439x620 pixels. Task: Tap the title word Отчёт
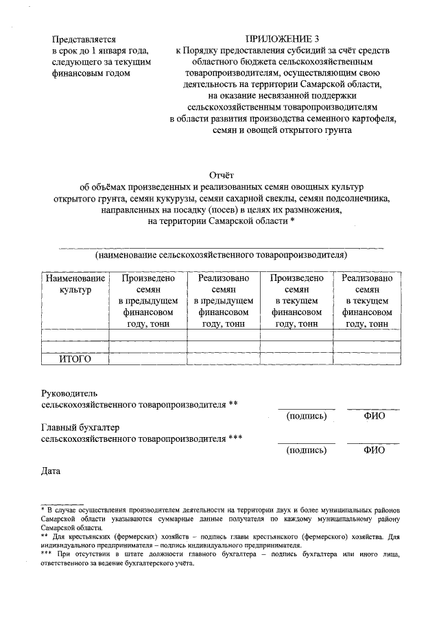click(219, 175)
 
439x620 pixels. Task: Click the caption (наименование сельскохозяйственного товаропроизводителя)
click(221, 256)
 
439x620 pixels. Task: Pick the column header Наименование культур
click(75, 284)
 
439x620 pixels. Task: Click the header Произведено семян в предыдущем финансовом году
click(148, 301)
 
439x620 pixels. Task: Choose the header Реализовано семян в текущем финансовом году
click(367, 301)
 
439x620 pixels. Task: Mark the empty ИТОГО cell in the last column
click(367, 358)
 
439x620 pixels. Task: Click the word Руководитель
click(71, 393)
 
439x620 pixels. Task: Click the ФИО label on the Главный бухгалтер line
click(374, 451)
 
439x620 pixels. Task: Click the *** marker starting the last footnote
click(47, 552)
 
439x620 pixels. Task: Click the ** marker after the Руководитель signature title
click(233, 404)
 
